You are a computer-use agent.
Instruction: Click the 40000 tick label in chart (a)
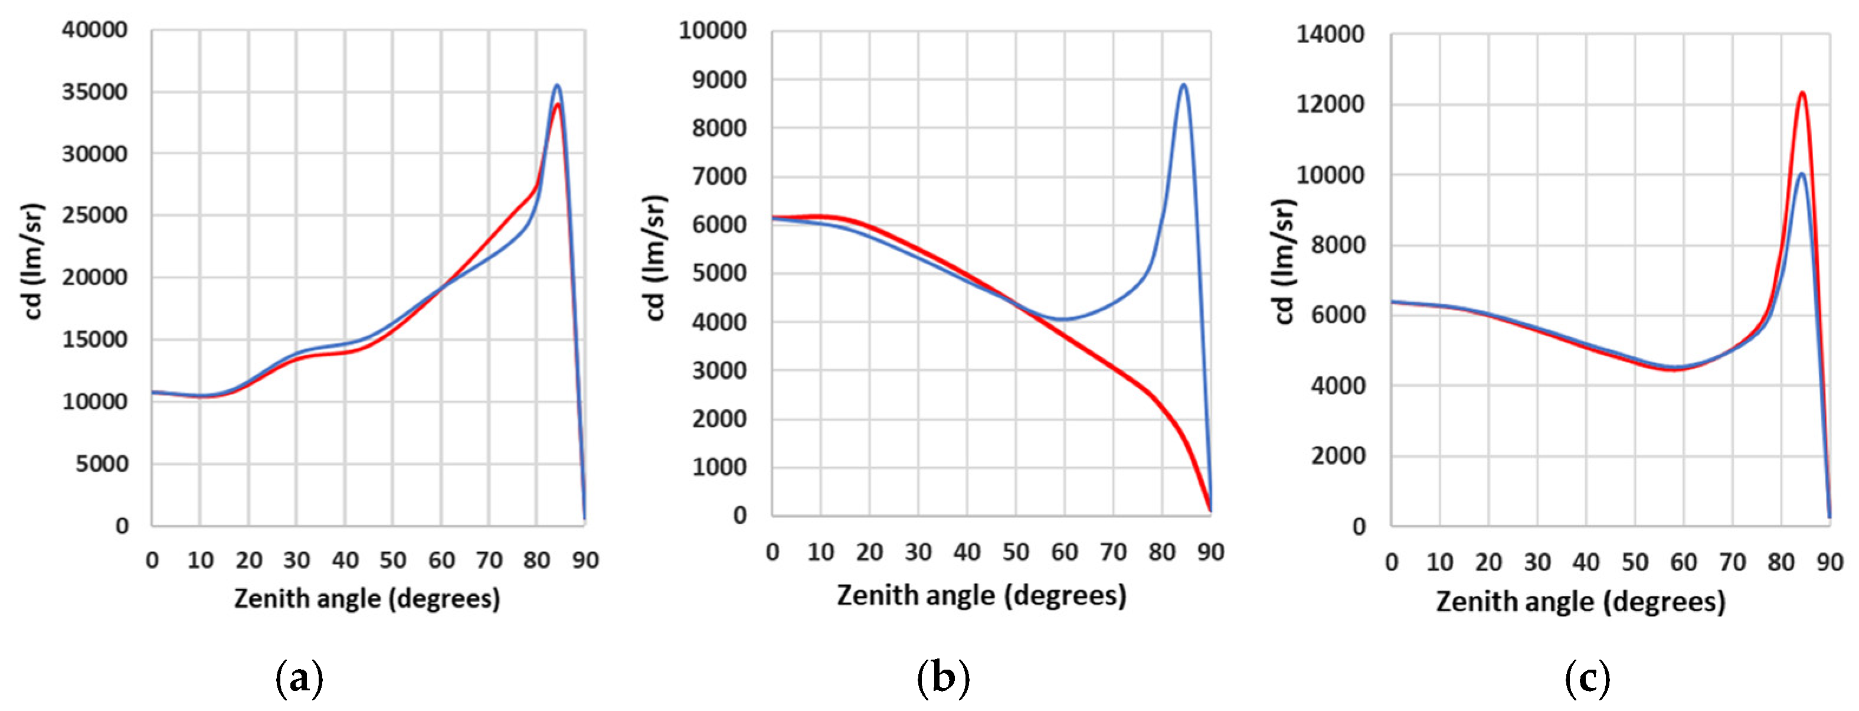(x=94, y=30)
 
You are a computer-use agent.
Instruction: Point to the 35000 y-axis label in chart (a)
(x=94, y=92)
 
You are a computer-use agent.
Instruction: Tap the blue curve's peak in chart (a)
(x=557, y=85)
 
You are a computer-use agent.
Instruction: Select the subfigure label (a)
(x=299, y=679)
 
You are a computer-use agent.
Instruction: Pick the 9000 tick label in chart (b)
(x=719, y=80)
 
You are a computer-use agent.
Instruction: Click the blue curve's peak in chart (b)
(x=1183, y=84)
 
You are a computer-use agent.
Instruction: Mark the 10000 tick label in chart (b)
(x=713, y=31)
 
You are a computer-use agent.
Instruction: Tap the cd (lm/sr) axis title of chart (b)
(x=654, y=257)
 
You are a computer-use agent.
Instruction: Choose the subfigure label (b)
(x=943, y=679)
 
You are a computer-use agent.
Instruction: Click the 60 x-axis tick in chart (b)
(x=1065, y=553)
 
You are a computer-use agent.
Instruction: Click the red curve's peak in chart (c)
(x=1802, y=92)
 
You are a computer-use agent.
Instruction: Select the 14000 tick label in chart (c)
(x=1331, y=35)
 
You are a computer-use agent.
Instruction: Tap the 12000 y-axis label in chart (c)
(x=1331, y=105)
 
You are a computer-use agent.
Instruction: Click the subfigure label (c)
(x=1588, y=679)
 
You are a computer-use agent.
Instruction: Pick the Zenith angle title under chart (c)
(x=1580, y=602)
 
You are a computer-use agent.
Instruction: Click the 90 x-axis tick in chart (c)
(x=1829, y=562)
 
